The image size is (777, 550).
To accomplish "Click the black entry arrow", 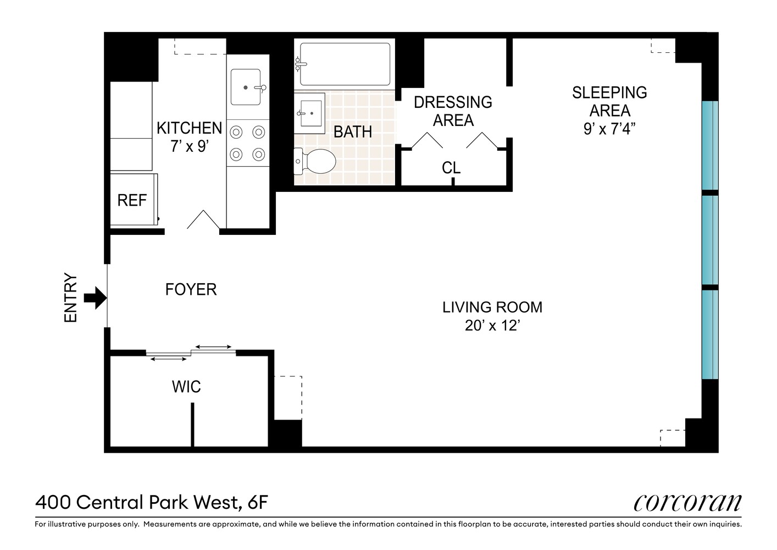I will point(95,298).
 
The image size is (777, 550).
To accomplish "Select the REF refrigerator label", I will point(132,200).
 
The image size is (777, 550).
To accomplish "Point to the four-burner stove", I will point(247,143).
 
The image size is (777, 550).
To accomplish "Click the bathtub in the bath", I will point(345,64).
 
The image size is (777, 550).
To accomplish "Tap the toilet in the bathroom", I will point(316,161).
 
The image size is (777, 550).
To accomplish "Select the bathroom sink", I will point(309,113).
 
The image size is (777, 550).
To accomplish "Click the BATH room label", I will point(353,132).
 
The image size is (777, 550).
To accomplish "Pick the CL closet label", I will point(451,168).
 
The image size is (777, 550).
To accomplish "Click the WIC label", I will point(186,387).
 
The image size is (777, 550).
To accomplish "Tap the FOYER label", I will point(191,289).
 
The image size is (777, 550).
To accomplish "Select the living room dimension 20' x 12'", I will point(492,326).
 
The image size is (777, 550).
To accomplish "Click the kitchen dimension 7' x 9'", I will point(189,147).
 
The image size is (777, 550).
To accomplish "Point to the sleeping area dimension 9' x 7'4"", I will point(609,129).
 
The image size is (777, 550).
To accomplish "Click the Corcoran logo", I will point(687,502).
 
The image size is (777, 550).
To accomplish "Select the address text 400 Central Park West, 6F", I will point(152,502).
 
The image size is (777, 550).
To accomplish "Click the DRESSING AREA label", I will point(453,111).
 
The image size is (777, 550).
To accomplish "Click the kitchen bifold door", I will point(203,219).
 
